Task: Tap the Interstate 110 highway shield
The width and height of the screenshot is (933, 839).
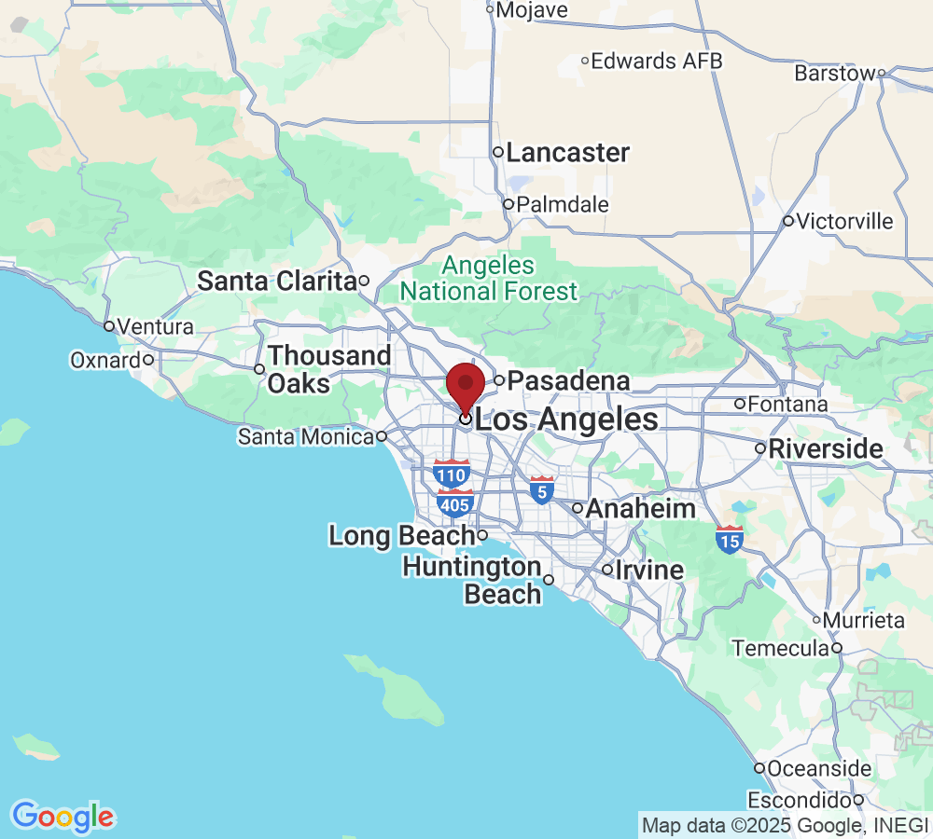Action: pyautogui.click(x=452, y=474)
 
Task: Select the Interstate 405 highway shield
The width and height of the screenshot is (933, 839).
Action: pyautogui.click(x=454, y=503)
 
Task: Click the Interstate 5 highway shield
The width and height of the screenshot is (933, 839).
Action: pyautogui.click(x=541, y=489)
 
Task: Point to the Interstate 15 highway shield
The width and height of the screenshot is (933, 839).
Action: pyautogui.click(x=730, y=539)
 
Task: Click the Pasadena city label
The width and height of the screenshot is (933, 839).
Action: pyautogui.click(x=568, y=380)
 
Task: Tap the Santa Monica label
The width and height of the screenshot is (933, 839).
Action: pyautogui.click(x=306, y=436)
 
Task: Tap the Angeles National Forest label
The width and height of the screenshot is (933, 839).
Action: pyautogui.click(x=489, y=279)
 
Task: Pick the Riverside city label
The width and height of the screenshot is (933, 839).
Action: pyautogui.click(x=825, y=448)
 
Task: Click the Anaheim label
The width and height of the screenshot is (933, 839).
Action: pyautogui.click(x=640, y=509)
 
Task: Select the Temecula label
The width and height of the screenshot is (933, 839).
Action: pyautogui.click(x=781, y=648)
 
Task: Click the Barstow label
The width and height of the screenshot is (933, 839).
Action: pyautogui.click(x=835, y=73)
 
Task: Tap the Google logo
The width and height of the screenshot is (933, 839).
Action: pyautogui.click(x=63, y=817)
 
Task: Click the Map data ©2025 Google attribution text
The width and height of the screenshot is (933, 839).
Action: pyautogui.click(x=785, y=825)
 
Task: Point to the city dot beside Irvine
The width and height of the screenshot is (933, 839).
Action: pyautogui.click(x=607, y=570)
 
